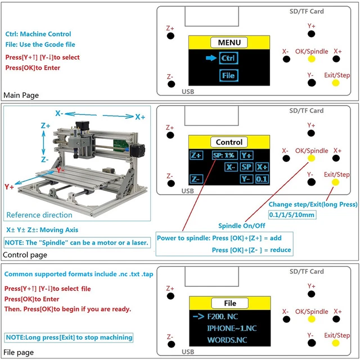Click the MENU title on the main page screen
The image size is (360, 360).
coord(229,43)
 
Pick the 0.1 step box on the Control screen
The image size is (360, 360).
coord(262,179)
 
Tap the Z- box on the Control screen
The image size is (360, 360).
coord(196,179)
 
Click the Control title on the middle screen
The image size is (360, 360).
coord(229,142)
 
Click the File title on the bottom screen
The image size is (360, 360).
coord(229,303)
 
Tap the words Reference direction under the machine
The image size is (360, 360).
coord(39,215)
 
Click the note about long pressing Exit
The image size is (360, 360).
coord(69,337)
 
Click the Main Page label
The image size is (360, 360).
coord(21,95)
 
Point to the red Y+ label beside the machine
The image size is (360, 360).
coord(10,187)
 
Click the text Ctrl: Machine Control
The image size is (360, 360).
coord(38,34)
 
